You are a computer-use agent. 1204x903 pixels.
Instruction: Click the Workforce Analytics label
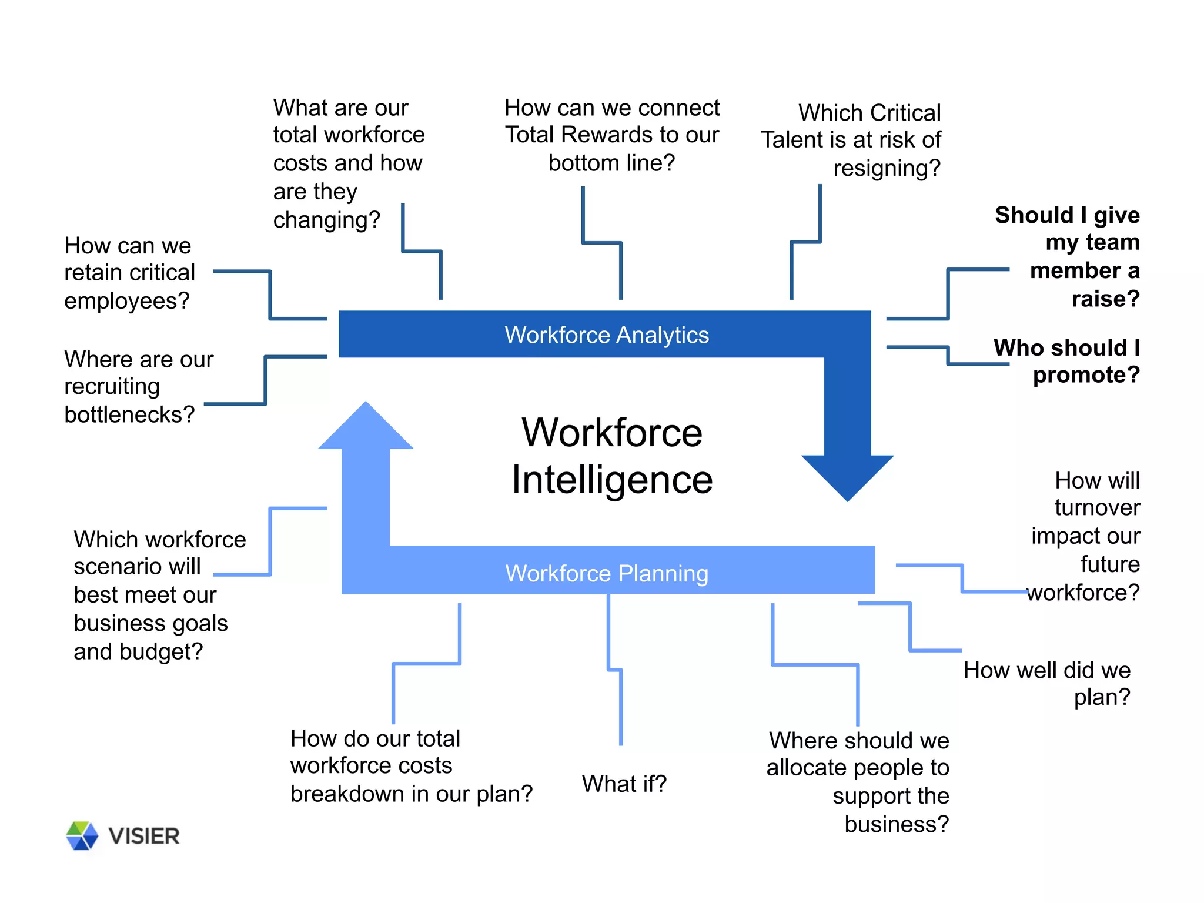click(606, 335)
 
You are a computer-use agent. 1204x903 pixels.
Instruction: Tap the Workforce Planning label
click(607, 573)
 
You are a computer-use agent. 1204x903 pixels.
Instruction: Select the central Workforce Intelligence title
click(612, 456)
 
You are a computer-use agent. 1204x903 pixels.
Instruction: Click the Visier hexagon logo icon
click(82, 835)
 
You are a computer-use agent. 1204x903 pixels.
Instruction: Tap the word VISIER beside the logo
click(144, 836)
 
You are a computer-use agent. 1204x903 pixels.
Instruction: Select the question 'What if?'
click(624, 784)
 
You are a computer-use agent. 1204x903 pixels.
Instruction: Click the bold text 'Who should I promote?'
click(1066, 361)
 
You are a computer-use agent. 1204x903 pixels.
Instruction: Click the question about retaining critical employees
click(129, 273)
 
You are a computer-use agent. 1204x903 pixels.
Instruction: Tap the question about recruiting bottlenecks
click(138, 387)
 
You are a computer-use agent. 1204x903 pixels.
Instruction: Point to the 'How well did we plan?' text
click(1047, 683)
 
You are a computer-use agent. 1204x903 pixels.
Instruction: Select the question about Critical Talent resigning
click(851, 140)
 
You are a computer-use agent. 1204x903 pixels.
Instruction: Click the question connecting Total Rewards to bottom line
click(611, 135)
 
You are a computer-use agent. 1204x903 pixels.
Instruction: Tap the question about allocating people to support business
click(858, 782)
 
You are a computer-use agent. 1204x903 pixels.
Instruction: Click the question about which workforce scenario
click(159, 595)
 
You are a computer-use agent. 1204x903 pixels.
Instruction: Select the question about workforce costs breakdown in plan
click(410, 766)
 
